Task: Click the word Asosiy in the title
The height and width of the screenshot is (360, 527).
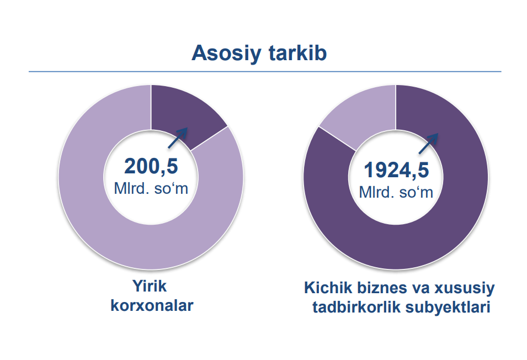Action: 226,54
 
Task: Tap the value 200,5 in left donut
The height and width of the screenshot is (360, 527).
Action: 151,166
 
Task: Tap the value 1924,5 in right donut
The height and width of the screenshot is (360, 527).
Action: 396,170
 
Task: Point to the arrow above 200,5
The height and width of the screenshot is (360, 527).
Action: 178,138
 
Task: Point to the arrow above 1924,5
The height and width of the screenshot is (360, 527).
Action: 429,144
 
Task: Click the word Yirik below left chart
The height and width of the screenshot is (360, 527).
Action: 150,286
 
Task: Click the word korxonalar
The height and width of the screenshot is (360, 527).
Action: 152,305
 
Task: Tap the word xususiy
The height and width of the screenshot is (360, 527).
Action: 465,288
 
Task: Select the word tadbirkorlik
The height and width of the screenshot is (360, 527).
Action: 356,307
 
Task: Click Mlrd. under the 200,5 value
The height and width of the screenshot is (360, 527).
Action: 131,188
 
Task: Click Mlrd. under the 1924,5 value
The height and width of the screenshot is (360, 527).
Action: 376,192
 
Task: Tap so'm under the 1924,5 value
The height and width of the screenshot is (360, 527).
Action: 416,192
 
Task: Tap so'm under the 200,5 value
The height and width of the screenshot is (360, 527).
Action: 171,188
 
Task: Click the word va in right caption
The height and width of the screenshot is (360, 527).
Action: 422,288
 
